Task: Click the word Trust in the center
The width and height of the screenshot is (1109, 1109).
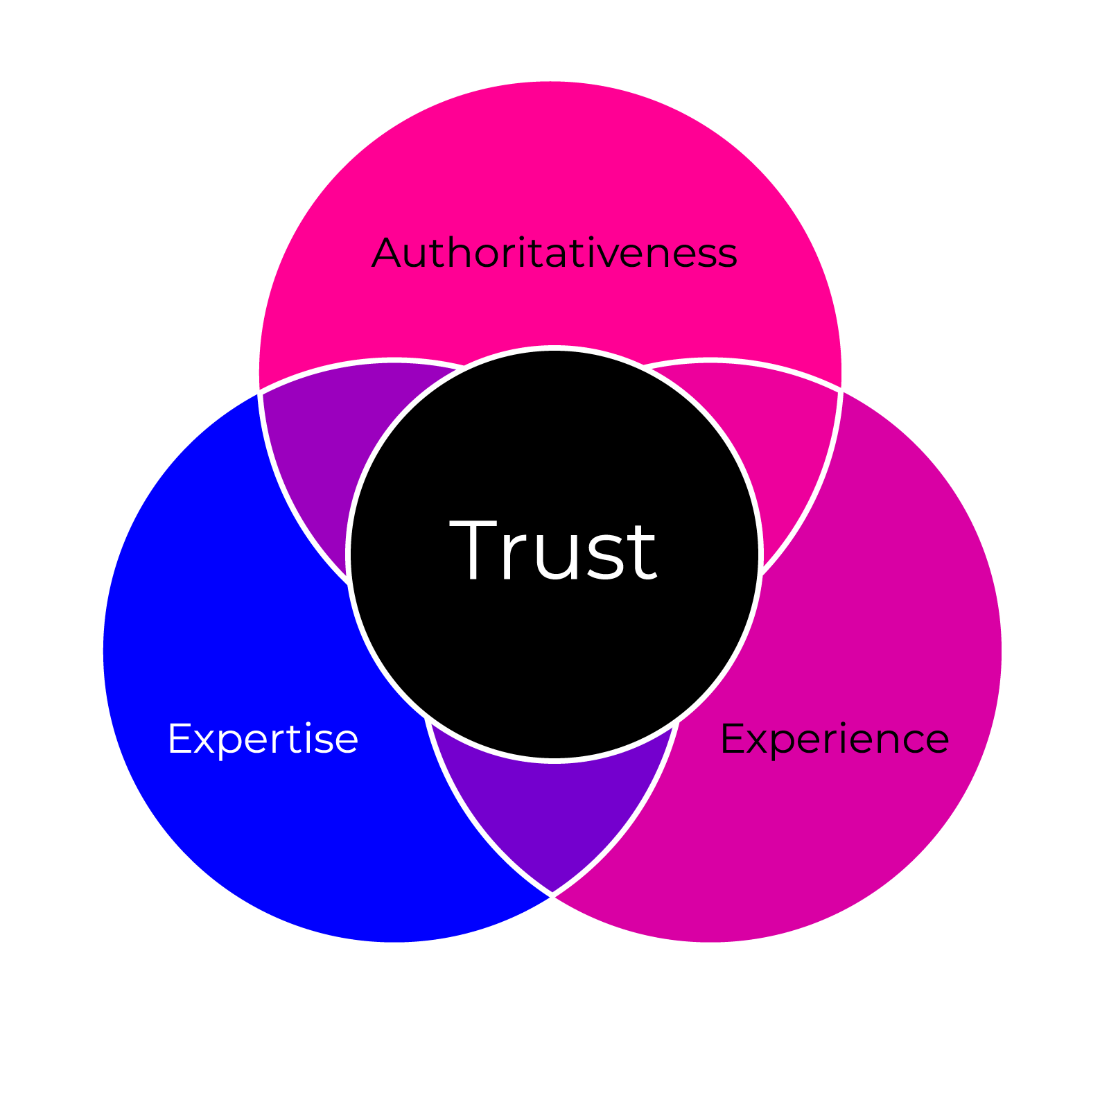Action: (553, 551)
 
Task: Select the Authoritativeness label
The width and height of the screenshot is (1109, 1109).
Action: (554, 253)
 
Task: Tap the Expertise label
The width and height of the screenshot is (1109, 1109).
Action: (263, 739)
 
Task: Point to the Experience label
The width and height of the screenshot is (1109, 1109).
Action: (835, 739)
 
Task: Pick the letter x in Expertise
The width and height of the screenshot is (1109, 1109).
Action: (204, 740)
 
